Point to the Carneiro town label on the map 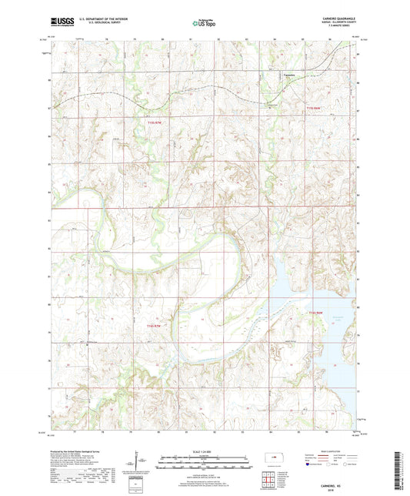click(x=289, y=75)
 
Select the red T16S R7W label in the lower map click(x=155, y=326)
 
